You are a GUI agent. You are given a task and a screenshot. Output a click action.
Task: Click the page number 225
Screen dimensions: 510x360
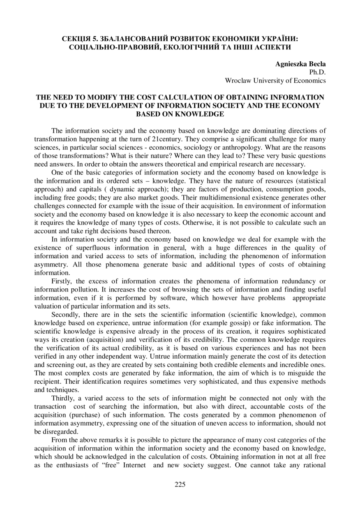point(180,484)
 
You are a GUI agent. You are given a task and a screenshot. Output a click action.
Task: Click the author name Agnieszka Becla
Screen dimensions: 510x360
point(300,64)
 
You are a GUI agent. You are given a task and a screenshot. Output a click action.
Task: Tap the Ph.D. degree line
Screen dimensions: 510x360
point(317,72)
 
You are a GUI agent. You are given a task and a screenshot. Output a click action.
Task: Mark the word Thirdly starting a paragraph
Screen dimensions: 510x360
point(64,398)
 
